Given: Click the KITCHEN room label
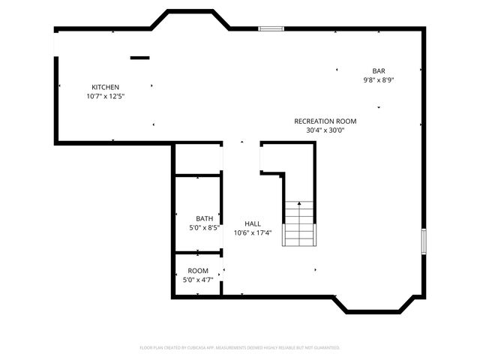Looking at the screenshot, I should [x=105, y=87].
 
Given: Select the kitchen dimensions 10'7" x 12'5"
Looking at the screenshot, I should [x=105, y=96].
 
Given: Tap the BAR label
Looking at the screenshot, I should [x=379, y=70].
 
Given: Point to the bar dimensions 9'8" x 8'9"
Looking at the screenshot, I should [x=379, y=79].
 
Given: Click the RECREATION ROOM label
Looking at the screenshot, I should [x=325, y=121].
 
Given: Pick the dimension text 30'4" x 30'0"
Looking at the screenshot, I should [x=325, y=130].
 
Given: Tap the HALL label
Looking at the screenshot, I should [x=253, y=223].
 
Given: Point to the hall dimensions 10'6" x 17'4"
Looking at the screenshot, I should [x=253, y=232].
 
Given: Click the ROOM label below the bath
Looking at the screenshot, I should [x=198, y=271].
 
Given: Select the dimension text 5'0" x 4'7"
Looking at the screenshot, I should [x=198, y=280].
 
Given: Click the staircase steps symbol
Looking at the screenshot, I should [x=299, y=229].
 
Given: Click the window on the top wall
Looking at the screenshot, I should [x=271, y=29].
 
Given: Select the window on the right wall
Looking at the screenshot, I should [x=424, y=241].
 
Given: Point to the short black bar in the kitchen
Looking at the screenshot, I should [x=139, y=58].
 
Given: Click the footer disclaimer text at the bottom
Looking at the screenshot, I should [x=240, y=348].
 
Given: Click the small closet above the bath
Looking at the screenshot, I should [x=198, y=159].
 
